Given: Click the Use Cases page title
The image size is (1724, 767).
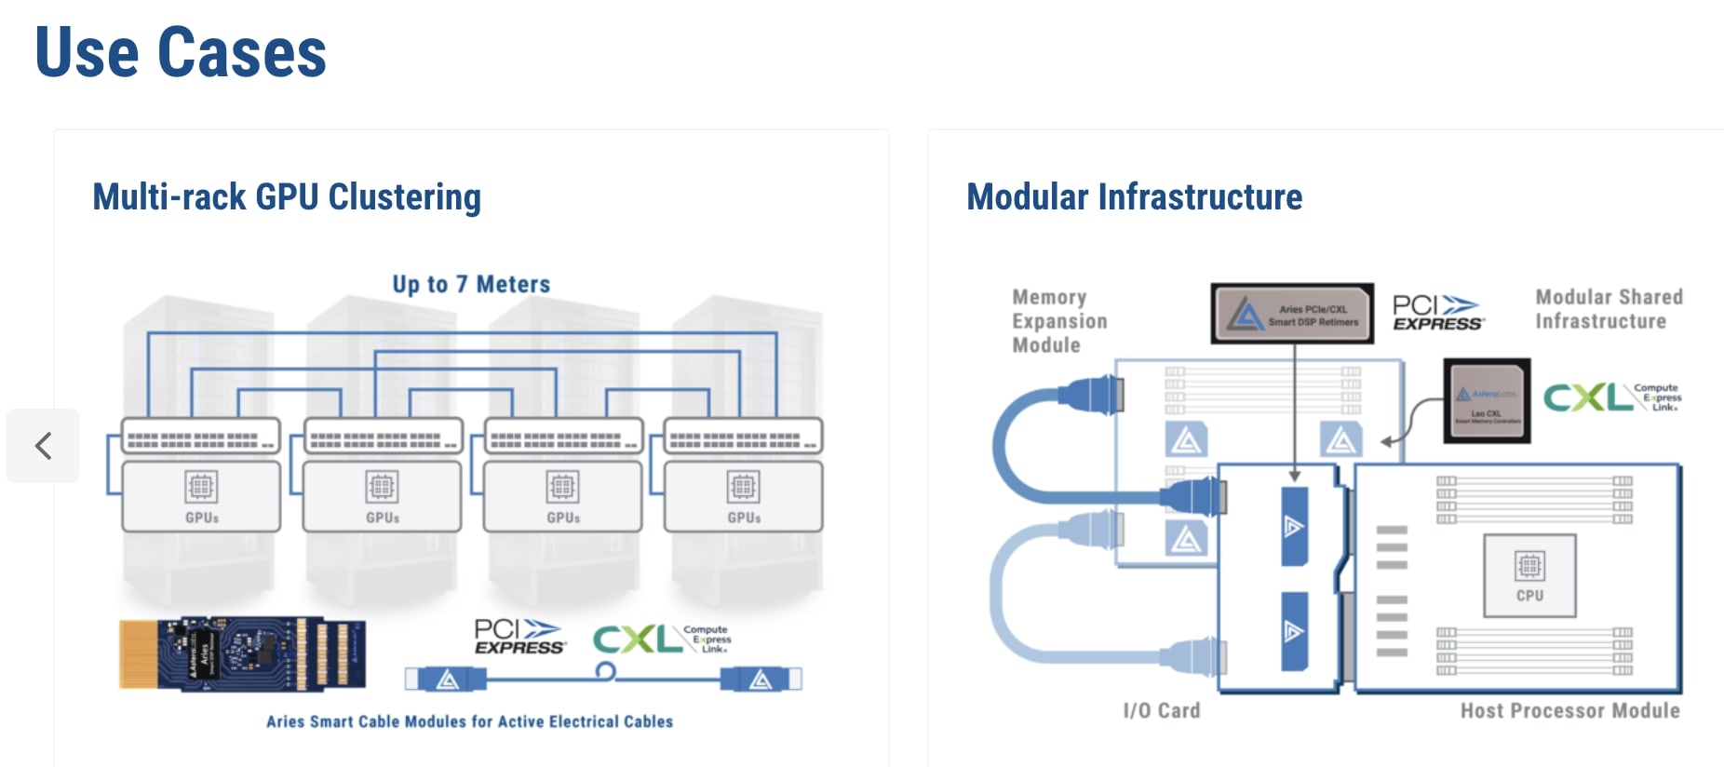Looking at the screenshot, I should pos(181,53).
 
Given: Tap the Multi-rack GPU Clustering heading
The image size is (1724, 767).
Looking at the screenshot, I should pos(287,197).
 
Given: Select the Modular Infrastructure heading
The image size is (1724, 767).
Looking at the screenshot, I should pos(1134,197).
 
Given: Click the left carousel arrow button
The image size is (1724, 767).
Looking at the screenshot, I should pos(43,446).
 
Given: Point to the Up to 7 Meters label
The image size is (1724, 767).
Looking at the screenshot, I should pos(471,284).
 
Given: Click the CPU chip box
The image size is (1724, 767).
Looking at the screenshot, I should pos(1529,575).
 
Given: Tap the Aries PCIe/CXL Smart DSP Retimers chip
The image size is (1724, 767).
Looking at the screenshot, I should pos(1292,314).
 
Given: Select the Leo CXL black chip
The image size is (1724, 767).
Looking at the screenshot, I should pos(1487,401).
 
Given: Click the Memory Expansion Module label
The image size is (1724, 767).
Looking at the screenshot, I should pos(1059,321).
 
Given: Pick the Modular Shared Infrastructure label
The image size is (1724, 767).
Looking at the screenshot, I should pos(1608,309).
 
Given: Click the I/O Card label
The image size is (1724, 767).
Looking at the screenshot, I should pos(1161,710).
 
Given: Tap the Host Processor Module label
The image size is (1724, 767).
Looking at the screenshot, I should pos(1569,710).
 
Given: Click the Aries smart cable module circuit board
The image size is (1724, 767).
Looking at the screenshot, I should pos(242,654).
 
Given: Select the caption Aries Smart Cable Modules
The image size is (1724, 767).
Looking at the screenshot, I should pos(469,721).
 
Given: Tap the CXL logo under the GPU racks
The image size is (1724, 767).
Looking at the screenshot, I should pos(661,639).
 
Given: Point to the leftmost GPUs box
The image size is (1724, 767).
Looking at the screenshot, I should pos(201,497).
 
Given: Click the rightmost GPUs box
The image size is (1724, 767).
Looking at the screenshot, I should pos(743,497).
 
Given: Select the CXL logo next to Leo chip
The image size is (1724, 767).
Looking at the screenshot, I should pos(1611,397).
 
